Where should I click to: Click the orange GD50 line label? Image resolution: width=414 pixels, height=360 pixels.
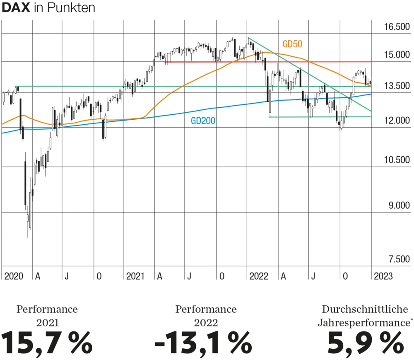point(292,43)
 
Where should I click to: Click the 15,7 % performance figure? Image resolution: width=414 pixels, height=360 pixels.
point(47,342)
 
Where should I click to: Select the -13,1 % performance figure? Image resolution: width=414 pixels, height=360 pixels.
point(203,342)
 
